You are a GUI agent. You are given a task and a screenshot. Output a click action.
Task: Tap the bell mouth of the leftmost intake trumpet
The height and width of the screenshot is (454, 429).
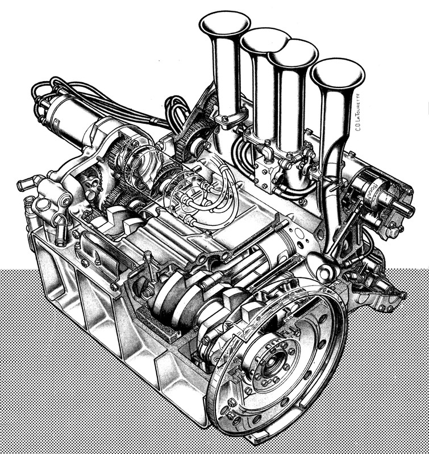click(224, 24)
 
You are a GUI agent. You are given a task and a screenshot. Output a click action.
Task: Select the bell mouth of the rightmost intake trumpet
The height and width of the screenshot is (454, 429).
click(338, 71)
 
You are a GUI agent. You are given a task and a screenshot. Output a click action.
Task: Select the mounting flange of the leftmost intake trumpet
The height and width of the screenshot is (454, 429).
click(227, 120)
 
